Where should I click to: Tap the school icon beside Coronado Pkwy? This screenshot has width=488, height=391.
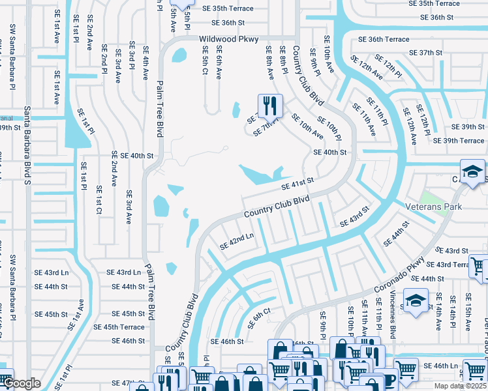pyautogui.click(x=416, y=302)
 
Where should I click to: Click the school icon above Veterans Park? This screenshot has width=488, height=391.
pyautogui.click(x=473, y=172)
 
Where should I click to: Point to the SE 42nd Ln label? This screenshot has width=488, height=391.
pyautogui.click(x=236, y=242)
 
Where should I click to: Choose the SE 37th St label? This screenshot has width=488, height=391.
pyautogui.click(x=426, y=52)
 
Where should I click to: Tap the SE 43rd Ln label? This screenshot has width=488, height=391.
pyautogui.click(x=123, y=272)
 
